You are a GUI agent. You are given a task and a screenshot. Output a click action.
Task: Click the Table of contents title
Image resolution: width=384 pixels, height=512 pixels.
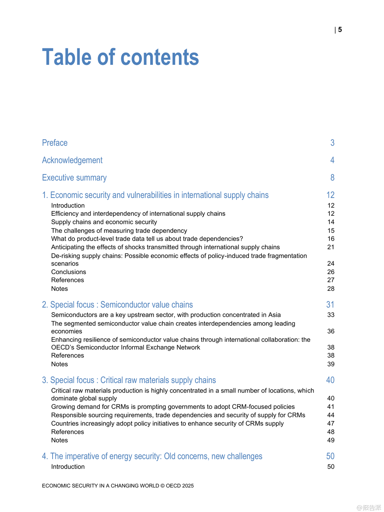(120, 57)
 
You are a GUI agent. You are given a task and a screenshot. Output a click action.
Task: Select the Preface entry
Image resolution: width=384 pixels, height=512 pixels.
(55, 143)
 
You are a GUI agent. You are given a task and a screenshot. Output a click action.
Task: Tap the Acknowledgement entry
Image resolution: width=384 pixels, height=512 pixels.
(72, 160)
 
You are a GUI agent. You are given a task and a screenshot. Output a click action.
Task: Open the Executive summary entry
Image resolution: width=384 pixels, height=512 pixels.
(74, 177)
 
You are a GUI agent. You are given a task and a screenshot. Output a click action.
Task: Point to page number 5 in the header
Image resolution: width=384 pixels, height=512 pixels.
(340, 30)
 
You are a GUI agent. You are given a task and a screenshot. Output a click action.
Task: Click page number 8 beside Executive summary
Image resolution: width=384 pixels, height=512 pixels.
(332, 177)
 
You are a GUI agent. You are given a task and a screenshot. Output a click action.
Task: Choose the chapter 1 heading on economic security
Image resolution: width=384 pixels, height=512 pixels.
(155, 195)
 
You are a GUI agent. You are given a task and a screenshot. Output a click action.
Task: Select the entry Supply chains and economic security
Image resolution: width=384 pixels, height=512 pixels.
(104, 222)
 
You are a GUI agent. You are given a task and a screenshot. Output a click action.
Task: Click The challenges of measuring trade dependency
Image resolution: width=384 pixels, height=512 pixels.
(119, 230)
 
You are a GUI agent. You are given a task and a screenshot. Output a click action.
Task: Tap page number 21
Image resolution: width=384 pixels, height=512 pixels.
(331, 247)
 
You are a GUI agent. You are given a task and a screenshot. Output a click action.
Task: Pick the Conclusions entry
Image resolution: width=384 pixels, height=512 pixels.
(69, 272)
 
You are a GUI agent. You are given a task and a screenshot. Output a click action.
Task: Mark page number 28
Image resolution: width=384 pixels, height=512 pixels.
(331, 288)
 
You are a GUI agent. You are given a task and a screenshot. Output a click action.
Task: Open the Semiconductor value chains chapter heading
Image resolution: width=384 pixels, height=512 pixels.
(117, 304)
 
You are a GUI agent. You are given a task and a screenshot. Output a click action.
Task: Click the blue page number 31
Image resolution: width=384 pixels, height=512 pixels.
(330, 304)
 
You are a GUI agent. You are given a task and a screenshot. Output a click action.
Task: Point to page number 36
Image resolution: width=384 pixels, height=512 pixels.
(331, 331)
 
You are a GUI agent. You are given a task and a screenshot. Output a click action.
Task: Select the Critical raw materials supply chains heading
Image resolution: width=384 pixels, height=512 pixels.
(129, 380)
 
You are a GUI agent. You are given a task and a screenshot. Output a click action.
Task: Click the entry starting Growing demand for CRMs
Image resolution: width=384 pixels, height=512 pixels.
(173, 407)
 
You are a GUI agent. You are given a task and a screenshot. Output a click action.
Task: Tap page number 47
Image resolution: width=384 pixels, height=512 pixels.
(331, 423)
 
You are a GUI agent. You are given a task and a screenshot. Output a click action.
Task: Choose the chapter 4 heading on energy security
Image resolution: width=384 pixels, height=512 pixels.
(152, 456)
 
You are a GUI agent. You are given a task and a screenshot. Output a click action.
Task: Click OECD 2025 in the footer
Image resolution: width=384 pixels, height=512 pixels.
(180, 486)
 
